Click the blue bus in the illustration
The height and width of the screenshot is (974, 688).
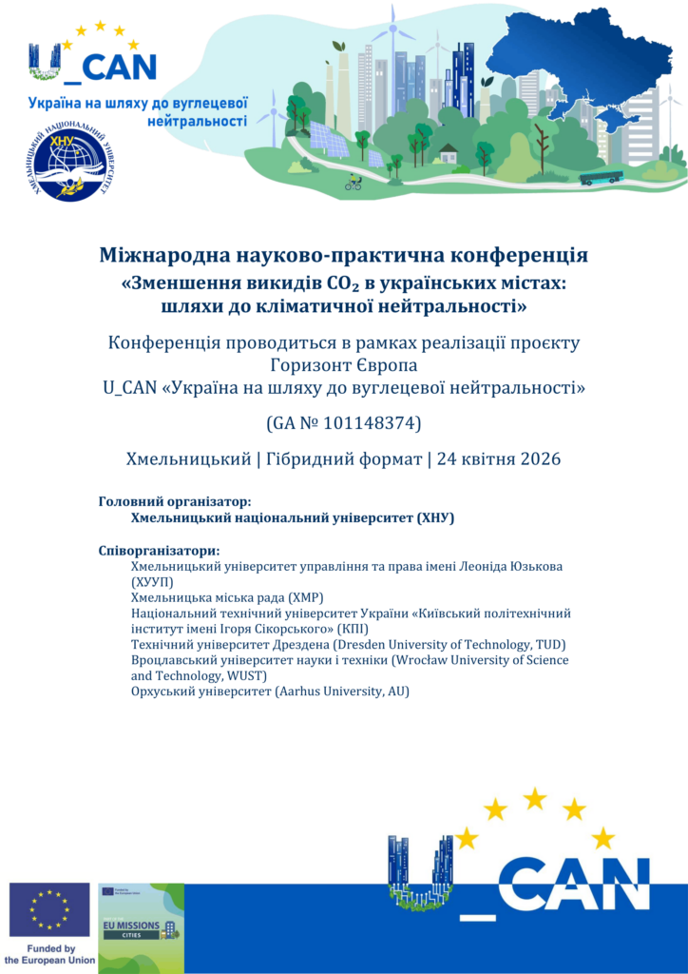click(601, 177)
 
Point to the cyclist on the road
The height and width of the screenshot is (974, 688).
click(353, 183)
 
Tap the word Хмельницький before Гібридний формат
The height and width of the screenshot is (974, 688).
click(187, 459)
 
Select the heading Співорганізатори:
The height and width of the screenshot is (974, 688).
click(159, 551)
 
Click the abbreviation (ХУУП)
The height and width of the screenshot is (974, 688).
click(152, 581)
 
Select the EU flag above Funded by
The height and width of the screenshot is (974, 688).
click(49, 910)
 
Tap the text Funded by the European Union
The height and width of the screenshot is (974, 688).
click(49, 955)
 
